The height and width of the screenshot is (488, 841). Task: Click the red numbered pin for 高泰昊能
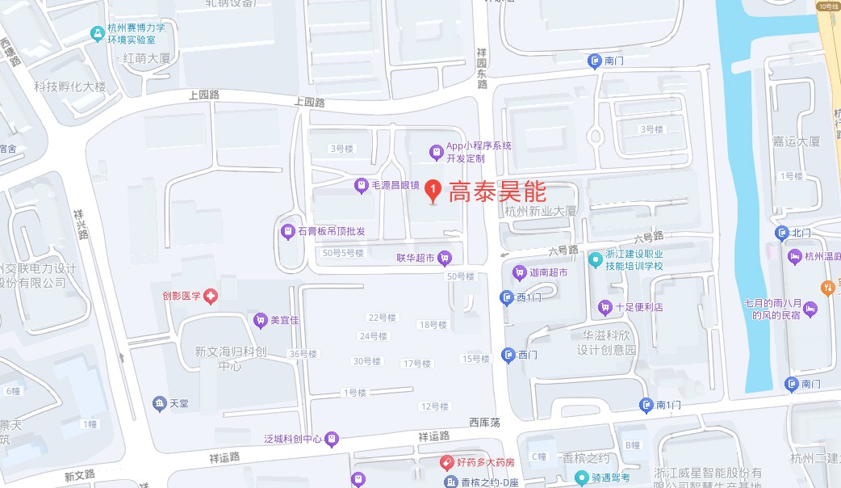433,191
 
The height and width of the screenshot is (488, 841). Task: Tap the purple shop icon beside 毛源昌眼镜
362,186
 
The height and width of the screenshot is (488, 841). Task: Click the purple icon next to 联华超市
445,258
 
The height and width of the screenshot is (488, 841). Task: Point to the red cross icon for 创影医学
211,297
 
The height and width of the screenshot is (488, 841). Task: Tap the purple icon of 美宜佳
260,320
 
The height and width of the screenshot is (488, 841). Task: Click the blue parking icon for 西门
508,355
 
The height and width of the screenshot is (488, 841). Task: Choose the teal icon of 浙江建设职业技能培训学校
596,260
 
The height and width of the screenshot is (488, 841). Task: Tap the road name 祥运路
433,436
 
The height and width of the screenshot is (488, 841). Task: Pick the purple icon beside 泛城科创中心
332,440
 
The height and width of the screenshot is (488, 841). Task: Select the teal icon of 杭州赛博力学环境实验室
98,33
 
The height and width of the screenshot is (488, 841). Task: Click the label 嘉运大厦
796,141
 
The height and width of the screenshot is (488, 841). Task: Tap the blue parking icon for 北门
780,233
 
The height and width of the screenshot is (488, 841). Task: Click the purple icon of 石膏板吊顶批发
287,232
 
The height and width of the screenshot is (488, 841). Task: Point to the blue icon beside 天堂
158,403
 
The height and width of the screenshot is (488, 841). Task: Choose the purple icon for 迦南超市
520,273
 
